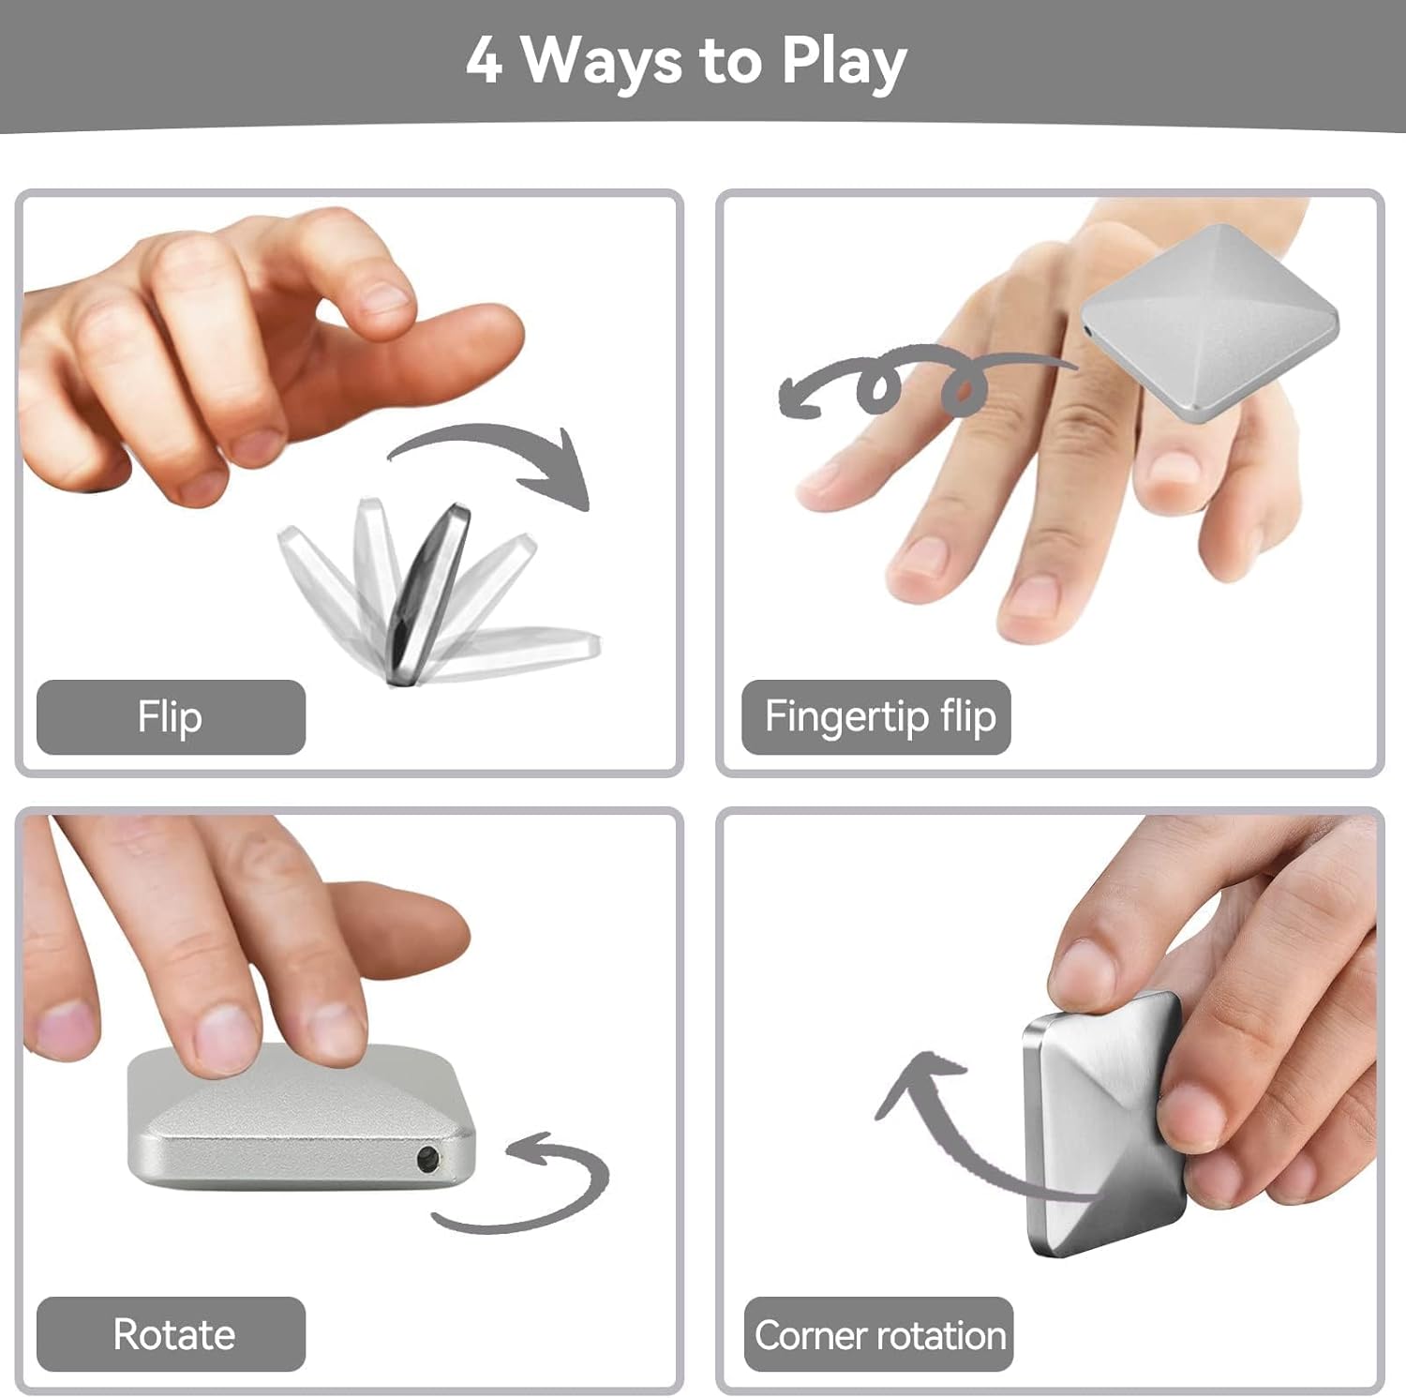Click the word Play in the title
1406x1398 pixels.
coord(844,64)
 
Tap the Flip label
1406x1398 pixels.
coord(171,717)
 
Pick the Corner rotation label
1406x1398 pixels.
coord(879,1334)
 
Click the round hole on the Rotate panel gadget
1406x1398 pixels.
coord(429,1159)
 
